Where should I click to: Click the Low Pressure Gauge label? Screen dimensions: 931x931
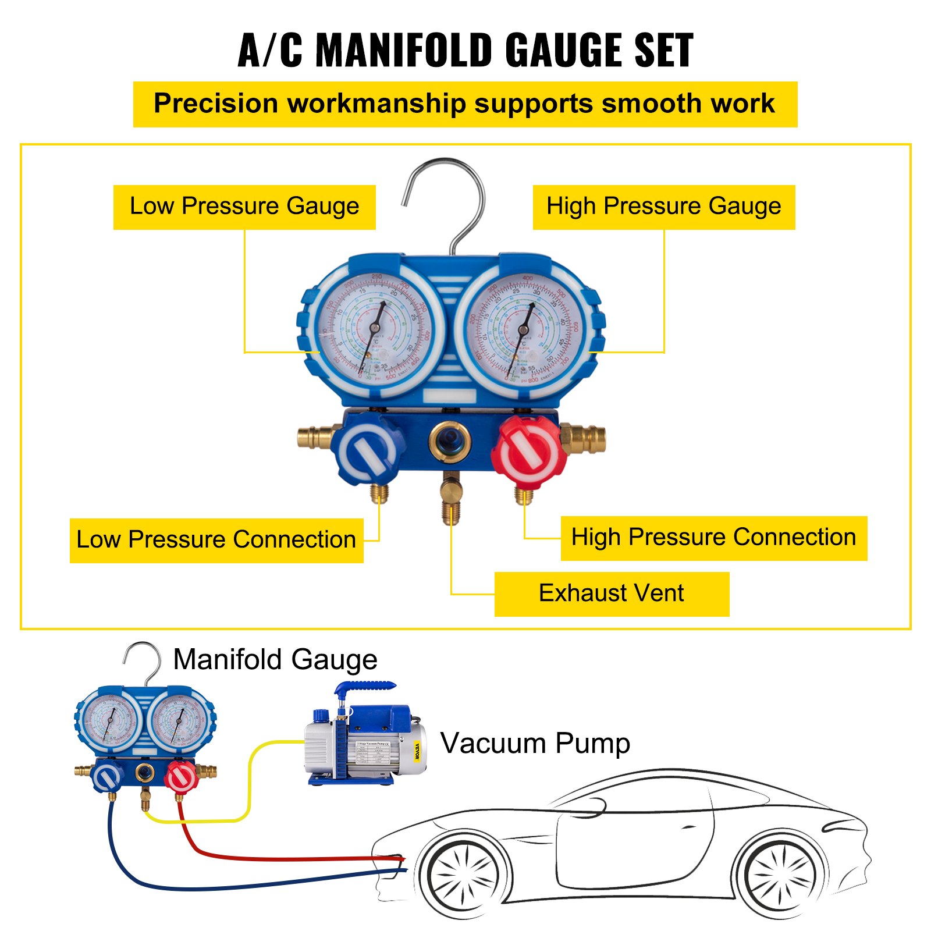pyautogui.click(x=244, y=207)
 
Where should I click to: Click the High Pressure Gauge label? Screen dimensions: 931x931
pyautogui.click(x=663, y=207)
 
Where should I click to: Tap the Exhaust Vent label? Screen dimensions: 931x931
pyautogui.click(x=611, y=594)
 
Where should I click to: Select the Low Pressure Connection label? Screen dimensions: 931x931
pyautogui.click(x=216, y=540)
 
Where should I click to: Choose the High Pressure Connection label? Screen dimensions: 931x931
pyautogui.click(x=713, y=538)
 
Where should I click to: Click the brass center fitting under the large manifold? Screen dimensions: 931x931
pyautogui.click(x=450, y=500)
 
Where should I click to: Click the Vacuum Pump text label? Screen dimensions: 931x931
pyautogui.click(x=535, y=743)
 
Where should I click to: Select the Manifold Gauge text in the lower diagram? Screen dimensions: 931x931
pyautogui.click(x=275, y=660)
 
